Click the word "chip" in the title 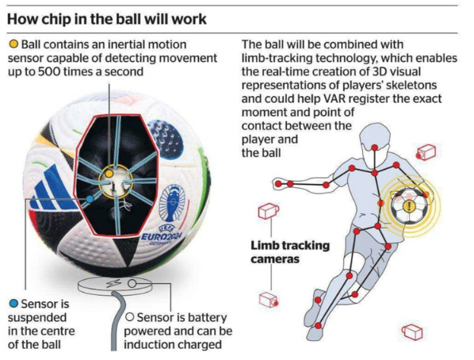click(63, 19)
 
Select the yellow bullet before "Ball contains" click(13, 44)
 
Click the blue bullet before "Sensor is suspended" click(13, 304)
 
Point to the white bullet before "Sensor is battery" click(130, 317)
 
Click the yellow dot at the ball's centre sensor click(109, 174)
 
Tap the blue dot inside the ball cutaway click(90, 199)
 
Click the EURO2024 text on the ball click(161, 236)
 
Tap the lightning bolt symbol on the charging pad click(116, 283)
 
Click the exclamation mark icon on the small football click(409, 206)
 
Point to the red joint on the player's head click(375, 147)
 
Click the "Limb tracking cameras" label click(290, 252)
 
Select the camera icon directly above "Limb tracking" click(268, 211)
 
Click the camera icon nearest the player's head click(426, 152)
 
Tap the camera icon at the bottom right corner click(412, 332)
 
